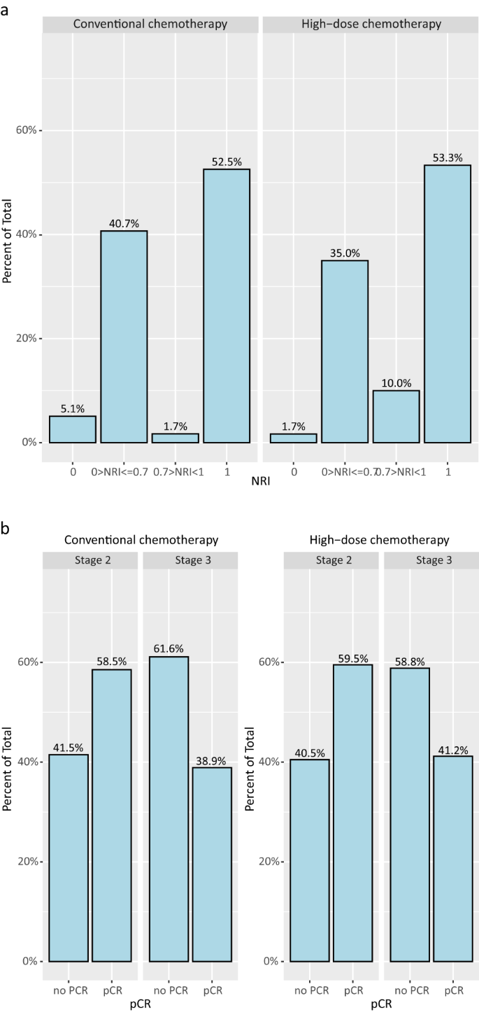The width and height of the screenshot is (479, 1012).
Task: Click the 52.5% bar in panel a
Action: pyautogui.click(x=227, y=306)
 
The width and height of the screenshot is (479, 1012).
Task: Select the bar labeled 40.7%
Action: pyautogui.click(x=124, y=336)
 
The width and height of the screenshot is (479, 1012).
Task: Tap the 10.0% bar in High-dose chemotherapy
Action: pyautogui.click(x=396, y=416)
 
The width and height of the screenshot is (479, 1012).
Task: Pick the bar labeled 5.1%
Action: pyautogui.click(x=73, y=429)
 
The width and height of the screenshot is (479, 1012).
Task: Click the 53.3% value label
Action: pyautogui.click(x=447, y=158)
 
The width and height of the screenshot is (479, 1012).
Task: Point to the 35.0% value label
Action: pyautogui.click(x=344, y=253)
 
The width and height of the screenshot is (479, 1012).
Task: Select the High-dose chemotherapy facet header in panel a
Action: pyautogui.click(x=371, y=24)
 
